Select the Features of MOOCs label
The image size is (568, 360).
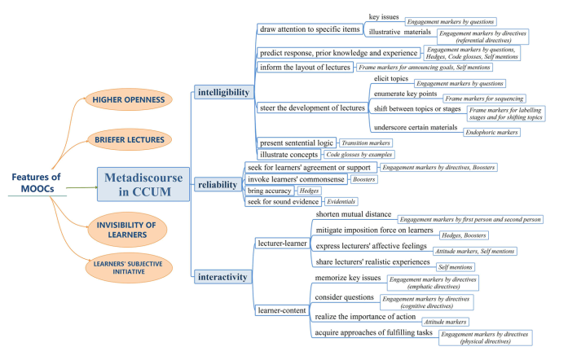pos(35,183)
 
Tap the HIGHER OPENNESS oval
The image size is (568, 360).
pos(130,99)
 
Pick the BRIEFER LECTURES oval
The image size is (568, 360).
pos(130,138)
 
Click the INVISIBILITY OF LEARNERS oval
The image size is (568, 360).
pos(130,228)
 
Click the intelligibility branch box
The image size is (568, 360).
pos(224,93)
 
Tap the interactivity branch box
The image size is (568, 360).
pos(221,277)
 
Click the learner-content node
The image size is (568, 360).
pos(280,310)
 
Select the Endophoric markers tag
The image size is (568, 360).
pos(491,132)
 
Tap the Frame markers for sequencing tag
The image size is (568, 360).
pos(475,98)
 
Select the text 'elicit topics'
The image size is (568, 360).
pos(392,79)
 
